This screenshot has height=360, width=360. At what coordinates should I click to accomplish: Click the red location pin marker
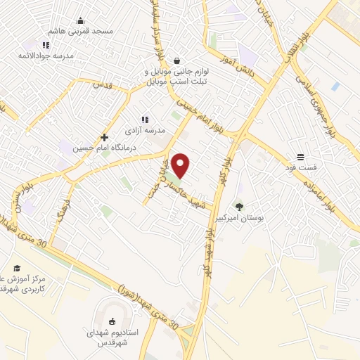click(x=181, y=165)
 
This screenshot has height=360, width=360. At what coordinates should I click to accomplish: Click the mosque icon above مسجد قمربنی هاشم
click(x=80, y=20)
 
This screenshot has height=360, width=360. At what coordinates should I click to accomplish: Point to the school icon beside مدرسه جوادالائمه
click(x=46, y=45)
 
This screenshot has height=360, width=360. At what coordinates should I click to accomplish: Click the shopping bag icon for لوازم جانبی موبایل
click(x=175, y=61)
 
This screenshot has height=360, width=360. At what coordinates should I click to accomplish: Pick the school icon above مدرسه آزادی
click(x=145, y=120)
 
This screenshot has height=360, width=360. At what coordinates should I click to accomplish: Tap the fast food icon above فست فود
click(x=300, y=157)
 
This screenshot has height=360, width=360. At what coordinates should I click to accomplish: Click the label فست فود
click(x=301, y=167)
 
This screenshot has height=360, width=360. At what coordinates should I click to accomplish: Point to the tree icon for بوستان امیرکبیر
click(x=239, y=207)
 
